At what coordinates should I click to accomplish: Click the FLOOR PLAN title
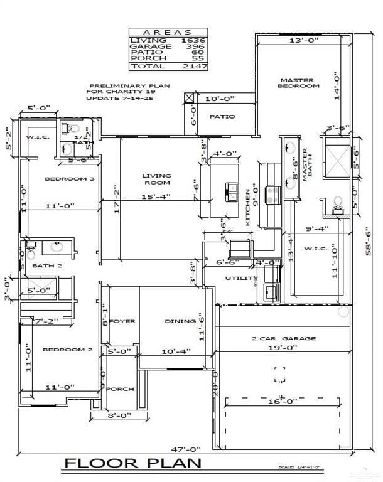pos(134,463)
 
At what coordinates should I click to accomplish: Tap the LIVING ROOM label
pos(156,179)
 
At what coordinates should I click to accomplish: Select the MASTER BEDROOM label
pos(299,83)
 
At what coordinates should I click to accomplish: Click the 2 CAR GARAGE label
pos(284,338)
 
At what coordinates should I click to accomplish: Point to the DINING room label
pos(180,321)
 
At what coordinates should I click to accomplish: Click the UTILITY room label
pos(240,278)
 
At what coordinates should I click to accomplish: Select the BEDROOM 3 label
pos(69,179)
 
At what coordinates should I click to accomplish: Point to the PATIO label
pos(222,117)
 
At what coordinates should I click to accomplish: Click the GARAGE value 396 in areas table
pos(193,46)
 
